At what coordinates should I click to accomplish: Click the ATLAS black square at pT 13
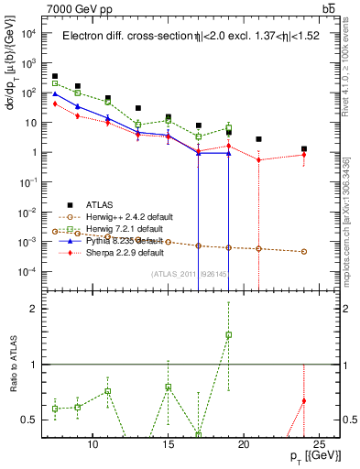137,108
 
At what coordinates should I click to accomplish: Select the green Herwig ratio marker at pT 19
228,334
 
